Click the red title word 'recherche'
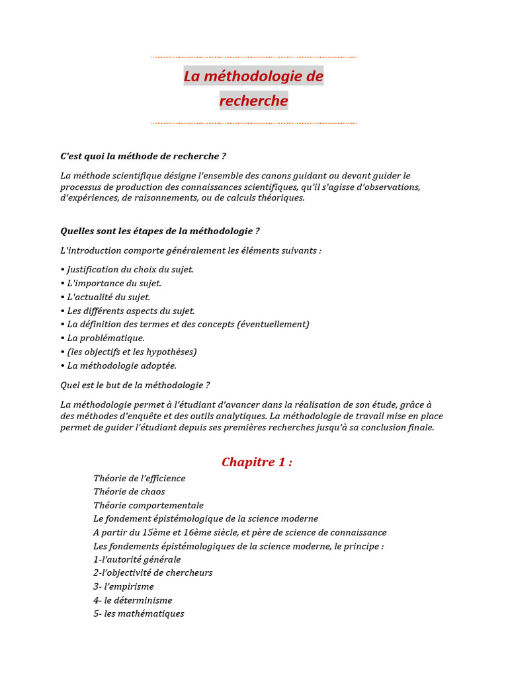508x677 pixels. (254, 100)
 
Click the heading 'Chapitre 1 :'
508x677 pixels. (257, 461)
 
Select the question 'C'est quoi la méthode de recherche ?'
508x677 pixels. (143, 156)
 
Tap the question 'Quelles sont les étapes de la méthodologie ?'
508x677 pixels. (159, 231)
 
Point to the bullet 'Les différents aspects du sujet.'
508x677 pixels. (130, 311)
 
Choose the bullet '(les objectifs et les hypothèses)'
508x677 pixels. (132, 352)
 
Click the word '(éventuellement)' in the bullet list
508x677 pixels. (276, 324)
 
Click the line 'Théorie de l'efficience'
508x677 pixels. (140, 478)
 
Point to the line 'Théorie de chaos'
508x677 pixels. (129, 491)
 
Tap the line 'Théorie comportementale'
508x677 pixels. (148, 505)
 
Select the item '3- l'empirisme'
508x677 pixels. (124, 586)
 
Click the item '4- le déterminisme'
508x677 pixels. (133, 600)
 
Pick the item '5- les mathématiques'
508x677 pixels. (139, 614)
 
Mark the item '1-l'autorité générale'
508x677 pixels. (137, 559)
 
